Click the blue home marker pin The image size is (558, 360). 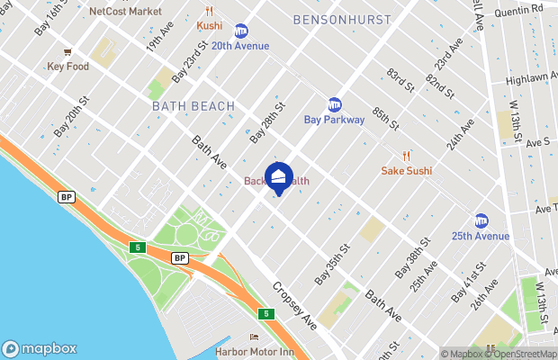point(279,176)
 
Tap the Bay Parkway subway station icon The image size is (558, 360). point(335,104)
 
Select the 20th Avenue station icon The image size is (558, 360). point(240,31)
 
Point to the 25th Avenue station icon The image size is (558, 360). point(481,221)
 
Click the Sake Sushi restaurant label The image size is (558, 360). point(407,170)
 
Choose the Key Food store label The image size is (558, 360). point(68,67)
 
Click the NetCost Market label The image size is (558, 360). point(126,12)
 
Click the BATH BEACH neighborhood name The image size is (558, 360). point(193,106)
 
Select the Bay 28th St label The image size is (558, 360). point(267,121)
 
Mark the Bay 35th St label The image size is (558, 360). point(331,265)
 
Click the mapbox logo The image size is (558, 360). point(40,348)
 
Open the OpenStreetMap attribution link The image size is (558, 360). point(523,354)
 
